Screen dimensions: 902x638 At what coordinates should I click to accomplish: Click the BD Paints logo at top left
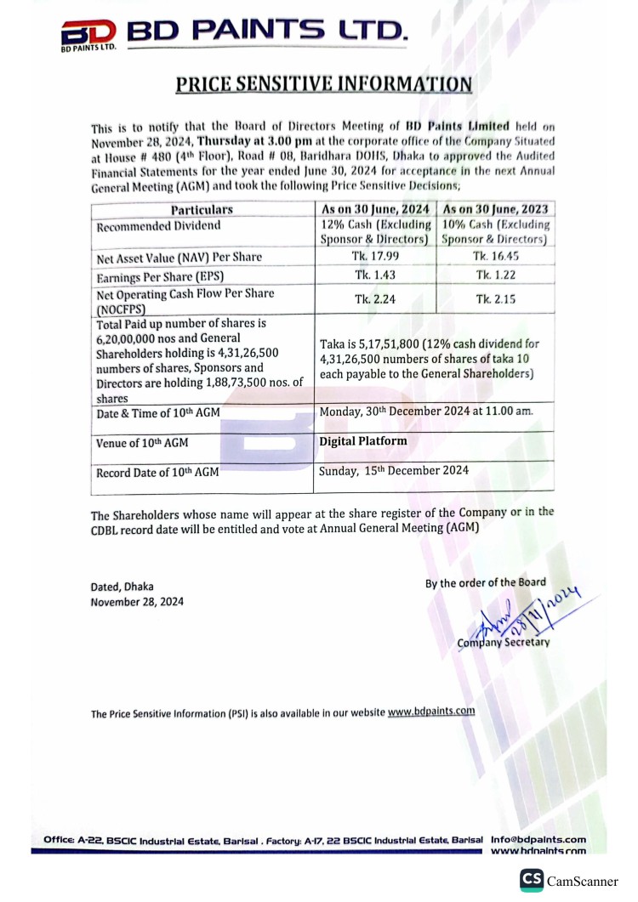[88, 35]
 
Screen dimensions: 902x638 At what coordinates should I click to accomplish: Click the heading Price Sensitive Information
[323, 83]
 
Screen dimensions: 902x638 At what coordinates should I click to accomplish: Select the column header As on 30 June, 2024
[374, 209]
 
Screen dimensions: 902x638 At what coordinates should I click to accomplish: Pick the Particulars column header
[202, 209]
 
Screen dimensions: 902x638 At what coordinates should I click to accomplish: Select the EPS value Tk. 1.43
[374, 275]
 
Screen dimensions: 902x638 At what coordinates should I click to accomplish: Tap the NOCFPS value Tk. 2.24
[374, 298]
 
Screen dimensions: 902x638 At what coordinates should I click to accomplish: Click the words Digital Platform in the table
[363, 441]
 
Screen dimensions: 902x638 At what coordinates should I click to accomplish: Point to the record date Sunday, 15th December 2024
[393, 469]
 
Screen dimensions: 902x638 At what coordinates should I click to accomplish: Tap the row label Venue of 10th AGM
[142, 443]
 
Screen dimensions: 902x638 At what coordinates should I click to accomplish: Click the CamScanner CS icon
[533, 879]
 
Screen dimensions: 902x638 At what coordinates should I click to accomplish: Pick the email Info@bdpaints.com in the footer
[538, 838]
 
